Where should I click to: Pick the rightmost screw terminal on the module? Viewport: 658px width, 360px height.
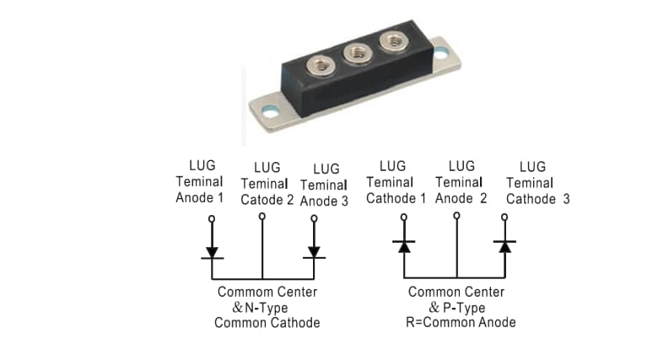pos(391,40)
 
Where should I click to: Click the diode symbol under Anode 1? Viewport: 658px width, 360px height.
pos(212,251)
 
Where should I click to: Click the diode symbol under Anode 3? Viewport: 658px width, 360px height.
pos(314,251)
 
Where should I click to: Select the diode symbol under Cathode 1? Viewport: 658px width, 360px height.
pos(404,246)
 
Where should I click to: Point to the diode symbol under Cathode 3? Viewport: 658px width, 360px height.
pos(505,246)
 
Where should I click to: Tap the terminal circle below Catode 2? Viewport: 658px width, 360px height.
pos(262,217)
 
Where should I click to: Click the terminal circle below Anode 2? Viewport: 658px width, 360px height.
pos(456,216)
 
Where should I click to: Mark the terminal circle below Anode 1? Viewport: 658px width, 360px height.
pos(212,218)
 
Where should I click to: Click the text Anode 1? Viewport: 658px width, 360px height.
pos(200,198)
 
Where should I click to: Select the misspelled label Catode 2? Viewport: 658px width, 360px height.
pos(267,201)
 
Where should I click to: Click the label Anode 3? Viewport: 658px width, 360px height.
pos(323,201)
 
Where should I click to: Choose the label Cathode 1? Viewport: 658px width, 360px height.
pos(396,199)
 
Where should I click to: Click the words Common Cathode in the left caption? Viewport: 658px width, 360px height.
pos(267,323)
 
